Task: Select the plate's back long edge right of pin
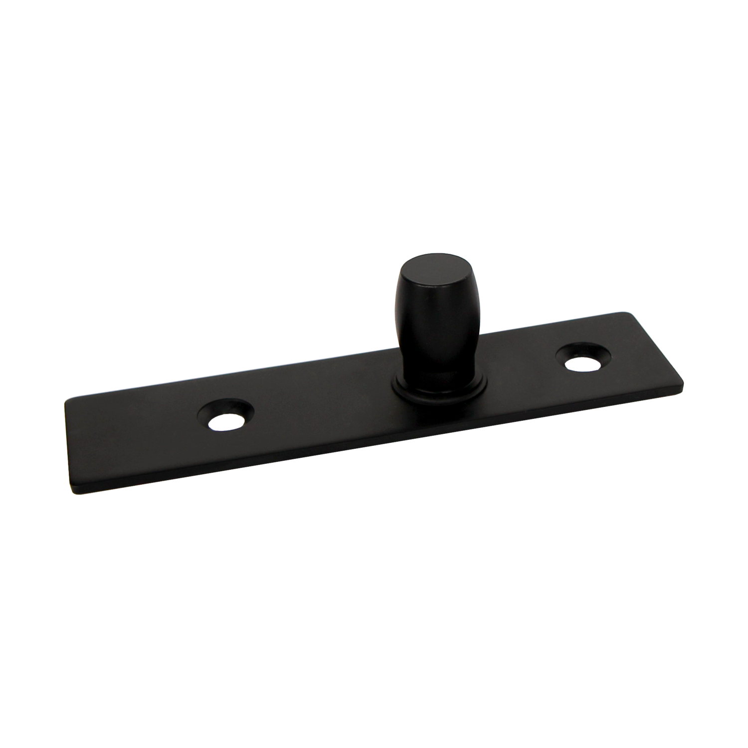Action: pos(524,330)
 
